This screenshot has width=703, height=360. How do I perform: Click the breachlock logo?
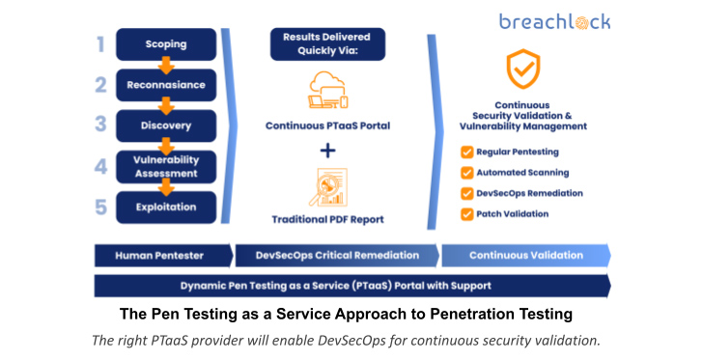point(555,22)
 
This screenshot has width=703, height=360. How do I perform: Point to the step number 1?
point(100,43)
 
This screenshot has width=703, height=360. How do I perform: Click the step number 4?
point(100,166)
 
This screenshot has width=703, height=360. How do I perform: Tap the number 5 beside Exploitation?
point(100,207)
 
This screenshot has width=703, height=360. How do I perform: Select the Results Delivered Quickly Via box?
point(328,44)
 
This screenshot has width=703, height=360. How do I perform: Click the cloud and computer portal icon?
point(328,91)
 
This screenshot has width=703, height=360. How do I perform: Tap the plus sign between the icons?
point(328,150)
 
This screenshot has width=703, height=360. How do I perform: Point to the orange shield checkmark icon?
point(523,69)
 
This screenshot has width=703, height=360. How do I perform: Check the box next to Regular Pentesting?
point(466,152)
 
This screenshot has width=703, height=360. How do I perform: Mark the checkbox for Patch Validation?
point(466,213)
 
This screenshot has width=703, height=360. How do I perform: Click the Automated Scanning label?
point(518,173)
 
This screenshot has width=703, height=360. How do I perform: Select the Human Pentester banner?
point(159,256)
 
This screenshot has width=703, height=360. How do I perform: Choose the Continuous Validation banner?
point(526,256)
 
